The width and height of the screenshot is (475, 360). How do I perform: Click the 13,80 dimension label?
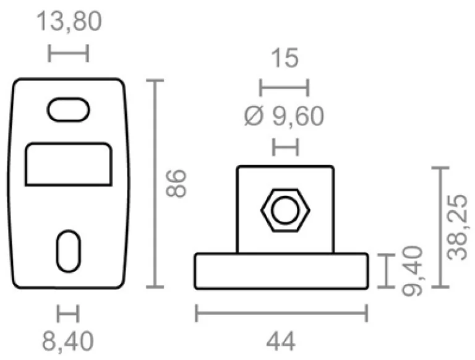pos(69,21)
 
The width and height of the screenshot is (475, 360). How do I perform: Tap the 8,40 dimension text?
pos(68,341)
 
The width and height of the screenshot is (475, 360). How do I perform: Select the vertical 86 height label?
pos(176,183)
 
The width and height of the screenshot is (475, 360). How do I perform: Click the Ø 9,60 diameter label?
pos(284,116)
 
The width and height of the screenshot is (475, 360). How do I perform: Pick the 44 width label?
pos(281,341)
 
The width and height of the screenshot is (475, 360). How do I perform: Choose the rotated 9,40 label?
pos(412,270)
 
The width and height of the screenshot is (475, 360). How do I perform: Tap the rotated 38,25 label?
pos(458,227)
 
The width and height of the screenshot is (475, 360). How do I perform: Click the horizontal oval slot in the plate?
pos(69,109)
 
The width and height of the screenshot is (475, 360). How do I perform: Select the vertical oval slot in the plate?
pos(69,251)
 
